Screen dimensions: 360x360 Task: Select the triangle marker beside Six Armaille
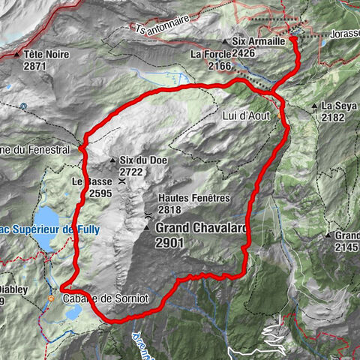click(x=225, y=42)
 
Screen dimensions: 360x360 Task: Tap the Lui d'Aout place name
click(x=245, y=117)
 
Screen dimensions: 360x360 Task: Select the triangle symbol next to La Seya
click(x=316, y=106)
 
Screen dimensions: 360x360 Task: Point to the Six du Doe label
click(x=142, y=160)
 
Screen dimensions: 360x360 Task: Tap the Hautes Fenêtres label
click(x=194, y=199)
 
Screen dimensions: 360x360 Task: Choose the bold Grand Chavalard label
click(x=201, y=228)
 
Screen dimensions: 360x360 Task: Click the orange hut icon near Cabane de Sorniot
click(x=51, y=298)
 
